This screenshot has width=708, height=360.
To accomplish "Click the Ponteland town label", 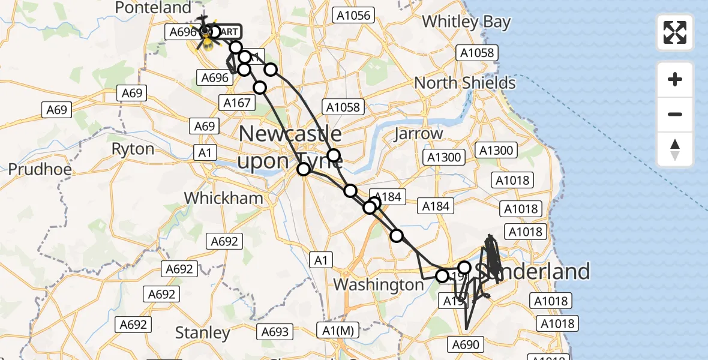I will point(152,8).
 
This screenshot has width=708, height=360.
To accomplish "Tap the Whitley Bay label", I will point(466,22).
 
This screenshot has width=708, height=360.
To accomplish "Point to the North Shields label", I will point(465,83).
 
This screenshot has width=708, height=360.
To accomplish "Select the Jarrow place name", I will point(418,134).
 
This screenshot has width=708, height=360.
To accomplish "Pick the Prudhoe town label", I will point(40,170).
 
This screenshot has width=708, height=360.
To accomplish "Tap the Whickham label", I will point(223,199).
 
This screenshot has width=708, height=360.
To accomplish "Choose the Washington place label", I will point(379,284).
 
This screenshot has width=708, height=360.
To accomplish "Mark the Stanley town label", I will point(203,333).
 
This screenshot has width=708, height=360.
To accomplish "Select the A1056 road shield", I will point(354,16).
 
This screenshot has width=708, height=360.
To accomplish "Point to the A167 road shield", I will point(237,103).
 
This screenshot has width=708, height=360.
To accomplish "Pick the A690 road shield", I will point(464,344).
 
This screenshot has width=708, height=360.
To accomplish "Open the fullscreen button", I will point(675,32).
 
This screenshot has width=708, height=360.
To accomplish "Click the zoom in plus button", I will point(675,79).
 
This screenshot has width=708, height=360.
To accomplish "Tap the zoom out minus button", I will point(675,114).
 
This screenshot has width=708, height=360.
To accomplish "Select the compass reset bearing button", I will point(675,149).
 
